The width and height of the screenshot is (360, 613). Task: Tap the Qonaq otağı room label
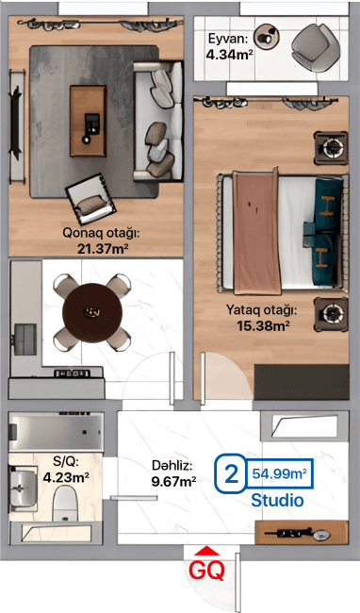click(103, 233)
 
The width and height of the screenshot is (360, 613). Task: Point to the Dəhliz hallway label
click(172, 465)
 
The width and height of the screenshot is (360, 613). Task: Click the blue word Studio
click(277, 500)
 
